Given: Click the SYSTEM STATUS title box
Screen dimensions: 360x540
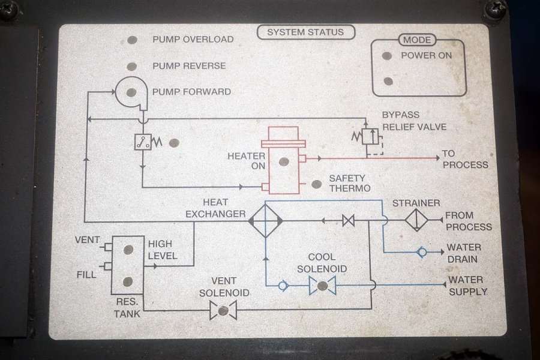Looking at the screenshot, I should (x=306, y=32).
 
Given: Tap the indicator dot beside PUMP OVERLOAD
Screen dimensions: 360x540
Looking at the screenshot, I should (x=132, y=40).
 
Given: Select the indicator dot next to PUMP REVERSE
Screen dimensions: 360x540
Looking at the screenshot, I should (x=132, y=66).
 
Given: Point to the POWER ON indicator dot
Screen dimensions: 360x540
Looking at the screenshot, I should (x=388, y=56).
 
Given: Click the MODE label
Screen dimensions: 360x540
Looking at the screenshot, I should (x=417, y=40).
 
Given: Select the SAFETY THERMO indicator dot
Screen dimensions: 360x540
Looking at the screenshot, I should (x=317, y=185).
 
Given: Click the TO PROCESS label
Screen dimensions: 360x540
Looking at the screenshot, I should (x=466, y=159).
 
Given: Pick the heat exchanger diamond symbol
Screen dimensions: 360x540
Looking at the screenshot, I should (x=266, y=221).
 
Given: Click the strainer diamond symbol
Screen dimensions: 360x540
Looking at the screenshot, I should (x=416, y=220).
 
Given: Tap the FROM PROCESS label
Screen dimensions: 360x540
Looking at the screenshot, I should (x=468, y=221).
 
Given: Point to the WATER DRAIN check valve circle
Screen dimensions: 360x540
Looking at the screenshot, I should (x=422, y=253).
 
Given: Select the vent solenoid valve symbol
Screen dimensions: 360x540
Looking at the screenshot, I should (x=223, y=310).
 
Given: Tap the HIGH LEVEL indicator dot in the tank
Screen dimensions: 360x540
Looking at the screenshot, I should (x=128, y=250).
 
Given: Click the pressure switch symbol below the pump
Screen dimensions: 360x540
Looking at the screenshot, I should (x=143, y=142).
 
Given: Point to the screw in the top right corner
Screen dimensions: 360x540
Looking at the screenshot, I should (x=496, y=9).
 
